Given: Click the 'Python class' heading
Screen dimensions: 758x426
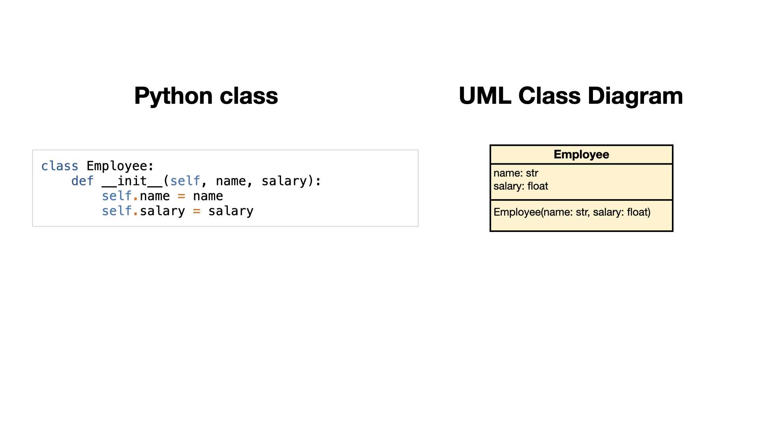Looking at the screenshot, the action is (206, 96).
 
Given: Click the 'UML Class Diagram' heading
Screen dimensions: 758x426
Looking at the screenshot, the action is (571, 96).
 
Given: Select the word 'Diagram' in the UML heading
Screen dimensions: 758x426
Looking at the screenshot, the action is (635, 96).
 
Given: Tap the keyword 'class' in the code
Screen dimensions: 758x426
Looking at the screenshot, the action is (60, 166).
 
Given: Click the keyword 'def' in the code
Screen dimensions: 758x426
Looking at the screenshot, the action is (83, 181).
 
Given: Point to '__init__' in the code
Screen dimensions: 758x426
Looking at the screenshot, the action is (132, 181).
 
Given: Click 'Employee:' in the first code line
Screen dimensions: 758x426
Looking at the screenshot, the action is (120, 166).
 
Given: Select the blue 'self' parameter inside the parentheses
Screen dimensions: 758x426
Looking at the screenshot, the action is (185, 181).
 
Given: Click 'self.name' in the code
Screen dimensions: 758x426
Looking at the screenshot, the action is (136, 196).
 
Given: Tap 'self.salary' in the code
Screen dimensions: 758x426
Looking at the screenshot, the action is (143, 211).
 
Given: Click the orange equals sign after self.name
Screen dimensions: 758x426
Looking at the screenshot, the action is (181, 196).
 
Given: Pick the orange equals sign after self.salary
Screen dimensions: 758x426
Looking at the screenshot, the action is (197, 211).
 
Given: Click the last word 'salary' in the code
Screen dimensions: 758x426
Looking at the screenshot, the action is (231, 211).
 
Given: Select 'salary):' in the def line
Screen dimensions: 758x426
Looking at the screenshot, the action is (291, 181).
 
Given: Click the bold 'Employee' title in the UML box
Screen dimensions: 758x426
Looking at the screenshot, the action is (582, 155).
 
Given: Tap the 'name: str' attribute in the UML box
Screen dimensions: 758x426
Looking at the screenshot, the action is (516, 173).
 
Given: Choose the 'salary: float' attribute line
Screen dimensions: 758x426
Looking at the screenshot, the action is (521, 186).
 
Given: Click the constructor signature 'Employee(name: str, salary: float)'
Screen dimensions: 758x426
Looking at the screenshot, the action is (572, 212).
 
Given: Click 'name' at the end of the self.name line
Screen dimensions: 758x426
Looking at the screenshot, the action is (208, 196).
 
